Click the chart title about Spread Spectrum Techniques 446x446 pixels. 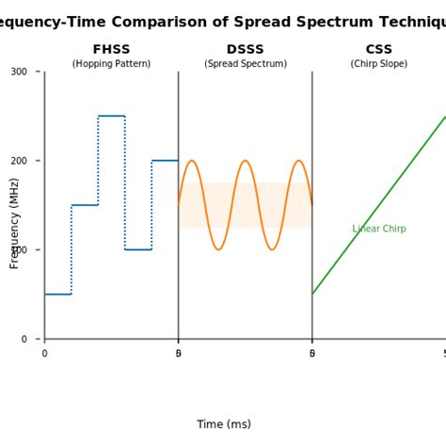click(x=223, y=23)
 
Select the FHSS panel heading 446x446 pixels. click(x=111, y=50)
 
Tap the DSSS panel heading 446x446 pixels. click(x=246, y=50)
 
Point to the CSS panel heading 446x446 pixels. click(x=379, y=50)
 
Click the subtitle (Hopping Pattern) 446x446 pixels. click(x=111, y=64)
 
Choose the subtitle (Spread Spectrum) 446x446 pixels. click(x=246, y=64)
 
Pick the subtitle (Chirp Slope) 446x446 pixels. click(x=379, y=64)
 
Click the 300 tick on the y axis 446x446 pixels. click(x=19, y=72)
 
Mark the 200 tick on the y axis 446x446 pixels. click(x=19, y=161)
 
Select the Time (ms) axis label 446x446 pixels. click(x=224, y=424)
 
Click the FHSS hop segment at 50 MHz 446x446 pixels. click(x=57, y=295)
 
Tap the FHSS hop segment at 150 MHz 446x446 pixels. click(x=85, y=205)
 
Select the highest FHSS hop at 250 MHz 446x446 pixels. click(x=111, y=116)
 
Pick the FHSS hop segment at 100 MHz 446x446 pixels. click(x=138, y=249)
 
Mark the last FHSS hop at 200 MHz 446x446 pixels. click(x=165, y=161)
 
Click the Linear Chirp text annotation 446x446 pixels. click(x=379, y=229)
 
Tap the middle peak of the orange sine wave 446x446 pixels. click(x=246, y=161)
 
